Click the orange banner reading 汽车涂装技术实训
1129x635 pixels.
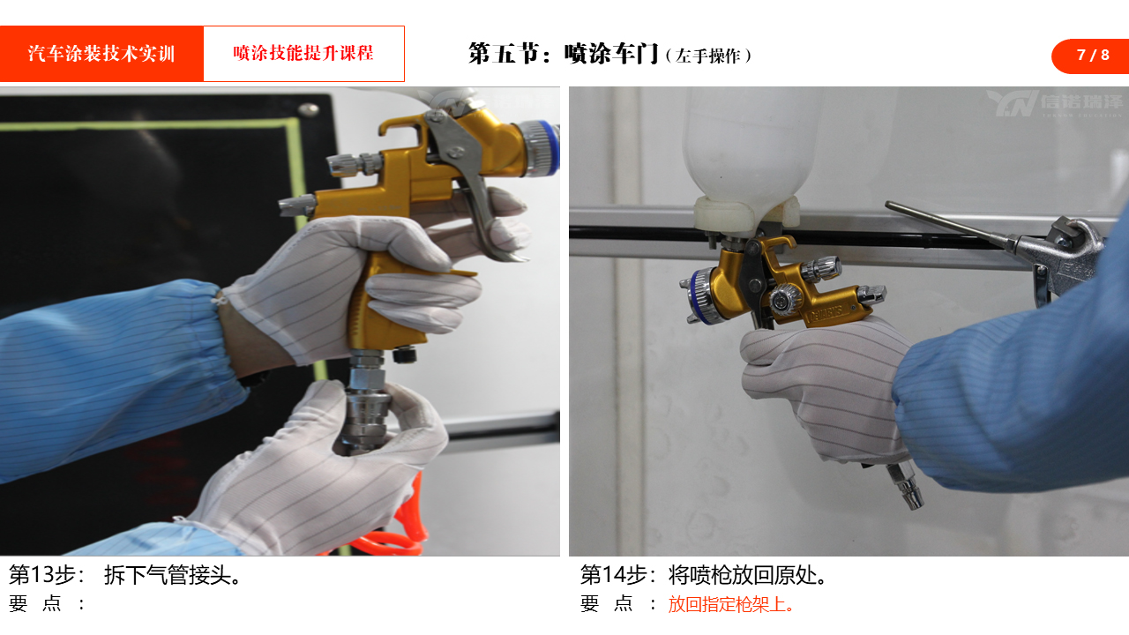tap(101, 54)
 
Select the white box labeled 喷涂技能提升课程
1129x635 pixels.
tap(303, 54)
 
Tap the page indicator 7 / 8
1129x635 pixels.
tap(1092, 56)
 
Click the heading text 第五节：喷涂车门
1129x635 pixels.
tap(563, 54)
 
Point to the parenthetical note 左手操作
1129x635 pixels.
tap(708, 56)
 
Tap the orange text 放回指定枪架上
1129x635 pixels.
tap(730, 604)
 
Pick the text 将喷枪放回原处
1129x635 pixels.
tap(747, 575)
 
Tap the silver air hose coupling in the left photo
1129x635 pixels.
tap(365, 403)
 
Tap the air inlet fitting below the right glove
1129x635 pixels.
tap(906, 486)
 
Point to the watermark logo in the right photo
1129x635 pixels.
tap(1054, 103)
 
